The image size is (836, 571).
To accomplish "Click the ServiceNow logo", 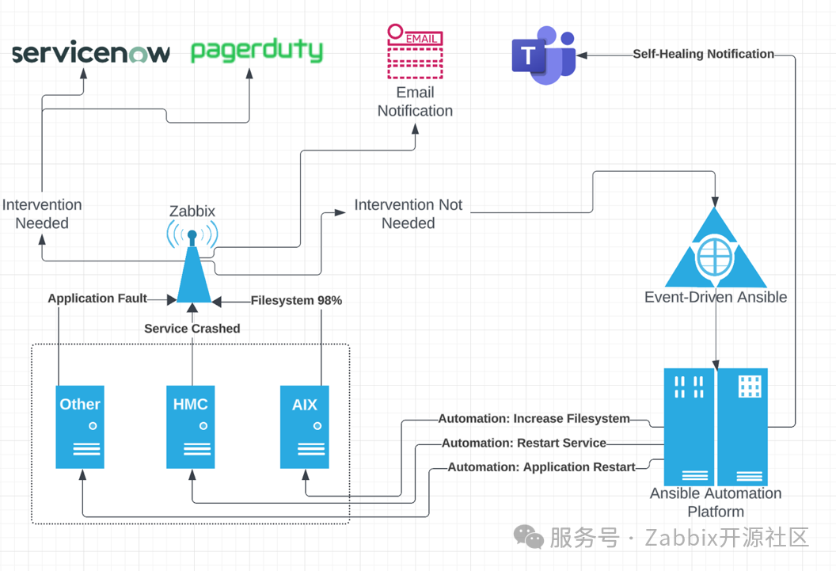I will pos(91,54).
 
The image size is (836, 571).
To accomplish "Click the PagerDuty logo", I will pos(256,51).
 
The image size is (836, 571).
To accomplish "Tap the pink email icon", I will pos(414,51).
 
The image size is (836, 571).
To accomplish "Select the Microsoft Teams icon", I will pos(543,55).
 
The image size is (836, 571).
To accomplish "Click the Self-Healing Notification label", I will pos(703,54).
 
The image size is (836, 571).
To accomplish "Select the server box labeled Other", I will pos(80,426).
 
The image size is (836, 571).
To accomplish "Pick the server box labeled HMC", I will pos(191,426).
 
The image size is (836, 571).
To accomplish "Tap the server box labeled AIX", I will pos(305,426).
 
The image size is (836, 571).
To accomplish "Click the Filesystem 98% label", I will pos(296,300).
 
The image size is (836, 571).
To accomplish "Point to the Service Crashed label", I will pos(192,328).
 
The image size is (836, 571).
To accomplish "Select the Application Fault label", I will pos(97,299).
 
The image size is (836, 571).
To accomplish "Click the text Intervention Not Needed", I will pos(408,214).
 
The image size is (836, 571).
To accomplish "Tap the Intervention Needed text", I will pos(42,214).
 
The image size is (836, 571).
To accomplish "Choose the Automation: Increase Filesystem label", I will pos(534,418).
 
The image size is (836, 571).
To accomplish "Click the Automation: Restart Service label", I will pos(524,443).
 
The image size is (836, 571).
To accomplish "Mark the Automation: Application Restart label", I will pos(541,467).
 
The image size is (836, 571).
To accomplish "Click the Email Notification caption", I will pos(415,101).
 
